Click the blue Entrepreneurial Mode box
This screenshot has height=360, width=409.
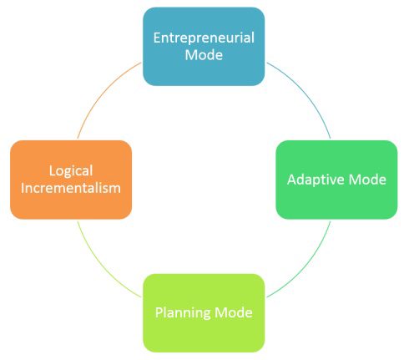point(204,47)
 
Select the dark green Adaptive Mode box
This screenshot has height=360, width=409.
point(336,180)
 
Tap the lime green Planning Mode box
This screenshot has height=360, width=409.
point(204,313)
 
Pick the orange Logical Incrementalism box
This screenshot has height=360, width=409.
point(71,180)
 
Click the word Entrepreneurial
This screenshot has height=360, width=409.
point(204,38)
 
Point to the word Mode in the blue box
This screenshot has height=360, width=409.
point(204,55)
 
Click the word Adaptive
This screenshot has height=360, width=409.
point(316,180)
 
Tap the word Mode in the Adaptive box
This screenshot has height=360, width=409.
point(367,180)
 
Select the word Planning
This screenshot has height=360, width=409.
point(184,313)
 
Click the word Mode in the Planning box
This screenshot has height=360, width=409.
point(234,312)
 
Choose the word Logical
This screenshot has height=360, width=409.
point(71,171)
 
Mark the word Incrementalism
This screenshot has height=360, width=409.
point(71,188)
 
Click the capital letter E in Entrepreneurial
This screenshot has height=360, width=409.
point(157,38)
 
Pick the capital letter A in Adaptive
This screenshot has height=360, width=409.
point(292,180)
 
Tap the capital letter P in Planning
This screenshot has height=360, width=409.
point(159,312)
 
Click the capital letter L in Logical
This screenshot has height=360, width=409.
point(53,170)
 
